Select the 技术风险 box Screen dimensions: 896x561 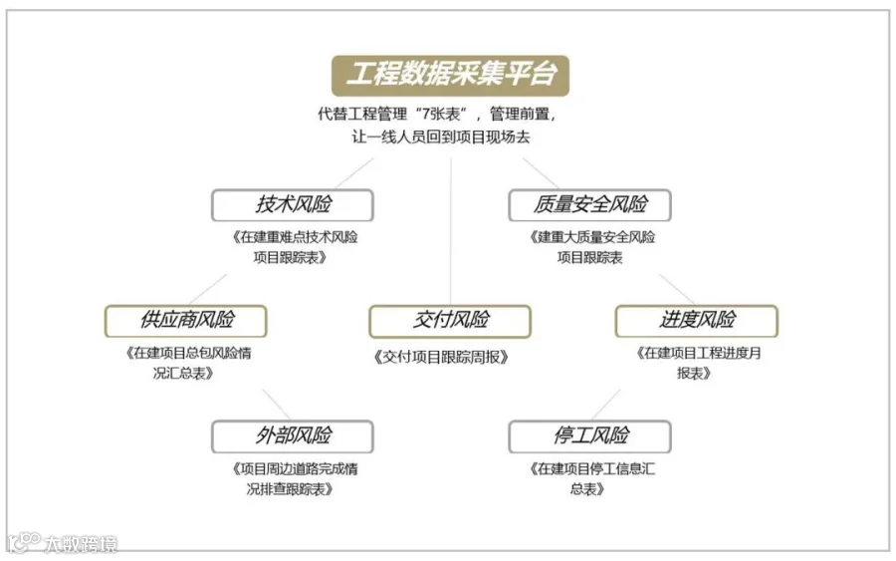pyautogui.click(x=292, y=204)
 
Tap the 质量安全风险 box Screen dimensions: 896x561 pyautogui.click(x=589, y=204)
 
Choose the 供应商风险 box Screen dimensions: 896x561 pyautogui.click(x=186, y=320)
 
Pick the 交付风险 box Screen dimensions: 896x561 pyautogui.click(x=450, y=320)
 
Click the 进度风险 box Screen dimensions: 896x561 pyautogui.click(x=696, y=320)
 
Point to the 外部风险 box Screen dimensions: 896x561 pyautogui.click(x=292, y=435)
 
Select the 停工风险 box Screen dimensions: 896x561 pyautogui.click(x=589, y=435)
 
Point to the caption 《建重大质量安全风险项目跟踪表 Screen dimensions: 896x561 pyautogui.click(x=590, y=247)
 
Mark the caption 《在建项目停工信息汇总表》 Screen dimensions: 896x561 pyautogui.click(x=589, y=478)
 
